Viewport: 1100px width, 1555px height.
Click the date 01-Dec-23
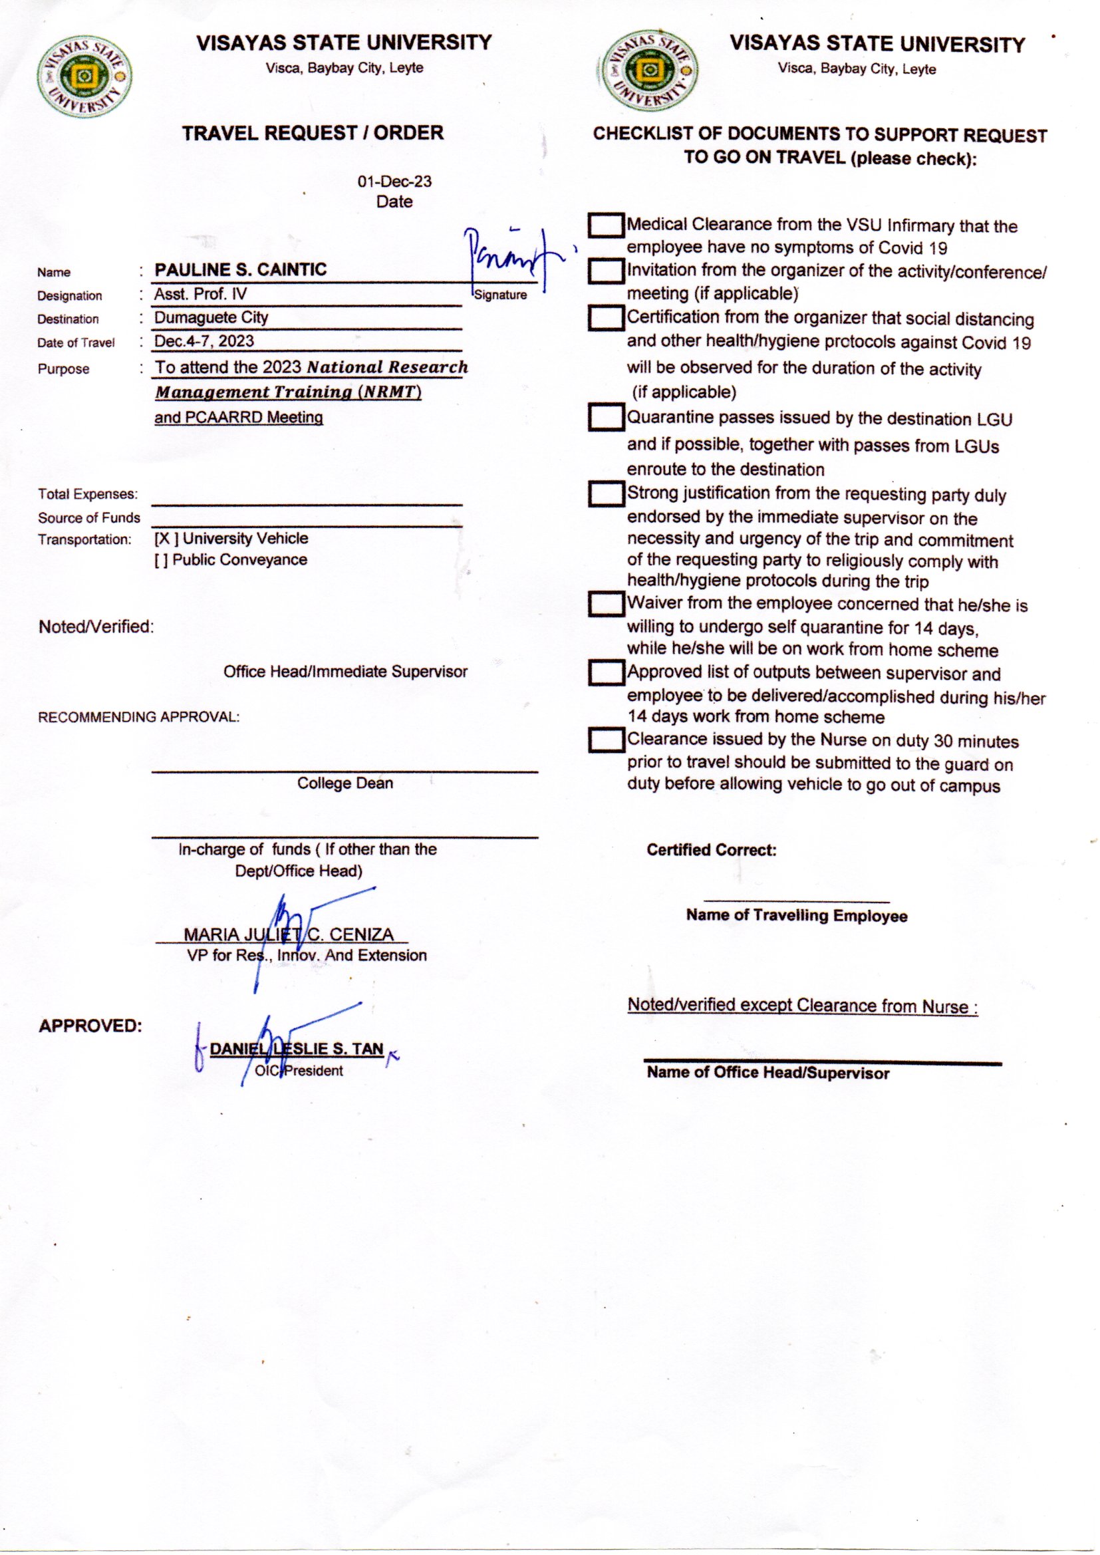tap(394, 182)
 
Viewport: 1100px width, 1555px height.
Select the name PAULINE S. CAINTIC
tap(241, 269)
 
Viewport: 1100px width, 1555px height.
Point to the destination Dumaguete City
tap(211, 318)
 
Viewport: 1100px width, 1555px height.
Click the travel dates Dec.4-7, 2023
tap(204, 341)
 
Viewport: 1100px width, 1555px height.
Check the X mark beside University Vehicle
tap(164, 539)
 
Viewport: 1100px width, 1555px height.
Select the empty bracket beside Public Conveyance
tap(161, 560)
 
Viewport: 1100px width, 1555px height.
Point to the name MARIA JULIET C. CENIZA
tap(289, 934)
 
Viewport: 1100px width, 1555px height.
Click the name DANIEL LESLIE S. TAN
tap(297, 1049)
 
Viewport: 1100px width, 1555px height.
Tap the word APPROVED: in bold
tap(90, 1026)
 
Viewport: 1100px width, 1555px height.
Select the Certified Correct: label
tap(711, 850)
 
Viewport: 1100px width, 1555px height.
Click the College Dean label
tap(344, 783)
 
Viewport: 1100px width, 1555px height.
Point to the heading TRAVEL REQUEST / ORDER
tap(313, 133)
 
